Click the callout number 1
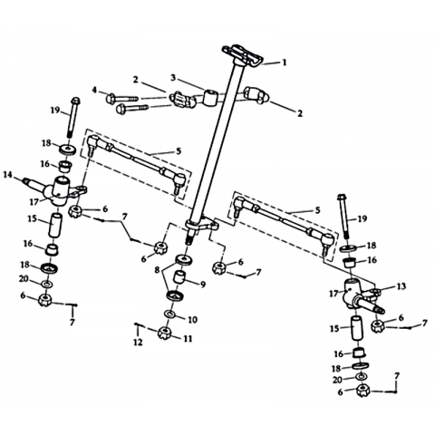(284, 63)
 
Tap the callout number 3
(173, 78)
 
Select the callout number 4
(95, 90)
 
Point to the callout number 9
(202, 285)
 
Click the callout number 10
(193, 319)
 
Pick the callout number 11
(188, 339)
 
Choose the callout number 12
(138, 343)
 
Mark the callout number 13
(401, 286)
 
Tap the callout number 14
(7, 174)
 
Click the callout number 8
(157, 270)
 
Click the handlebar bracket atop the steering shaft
(242, 56)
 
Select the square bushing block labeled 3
(210, 97)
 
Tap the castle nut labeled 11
(165, 333)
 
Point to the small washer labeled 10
(170, 314)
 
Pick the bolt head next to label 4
(111, 98)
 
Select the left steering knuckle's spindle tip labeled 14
(26, 181)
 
